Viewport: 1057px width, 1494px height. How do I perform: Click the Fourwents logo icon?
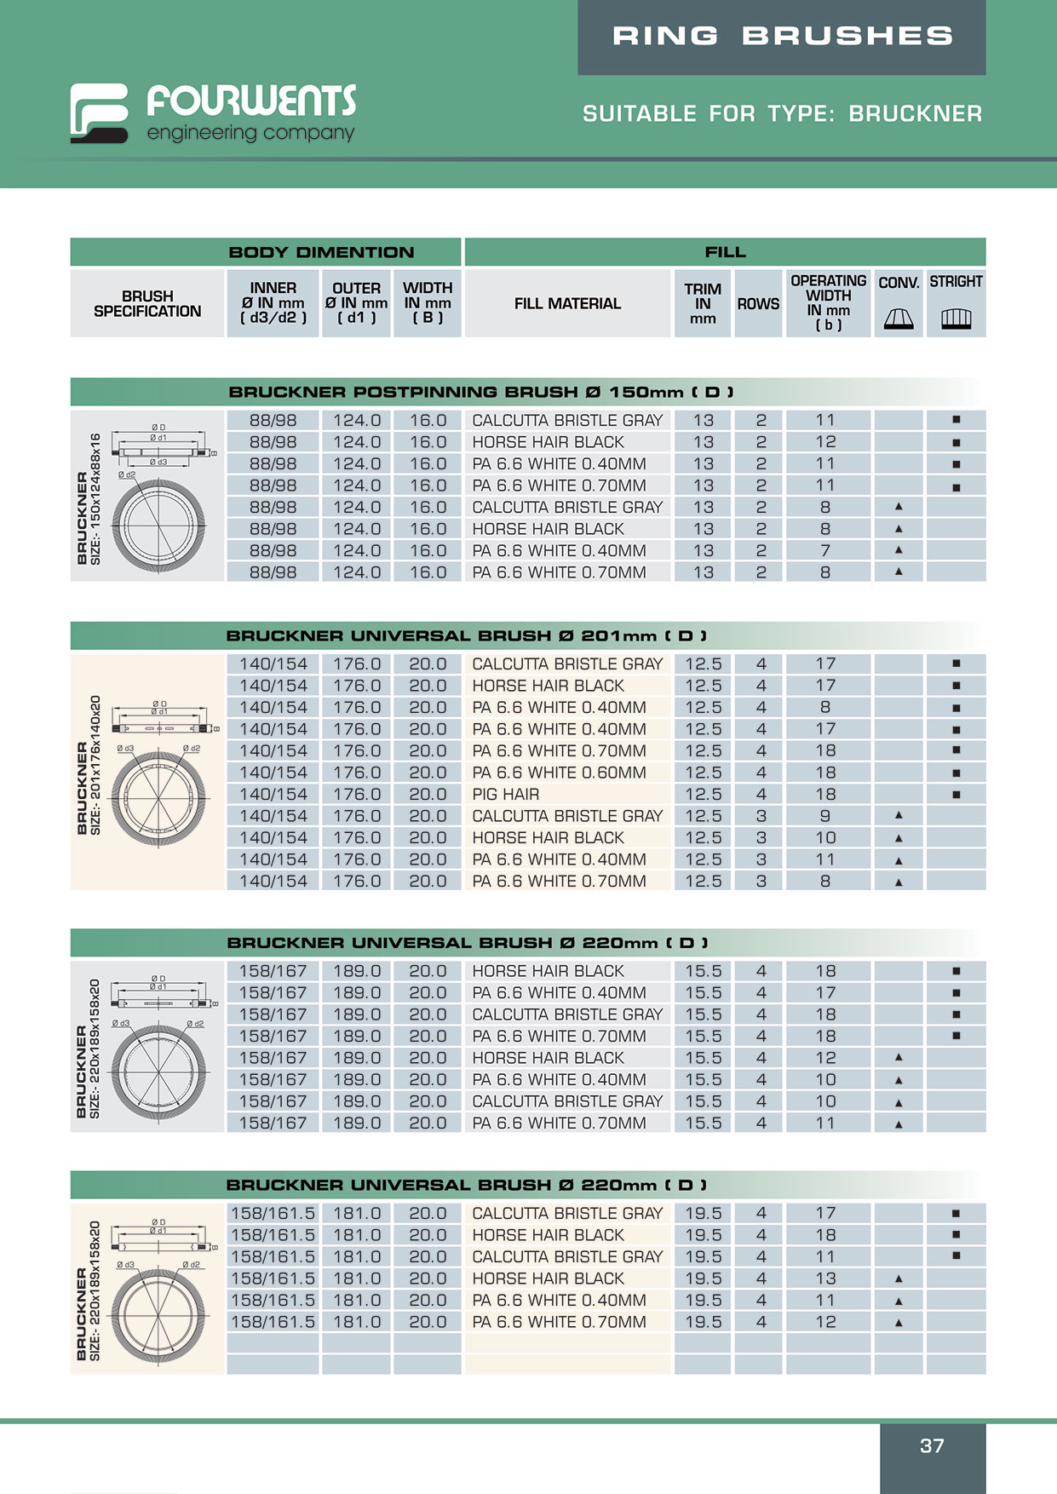[x=99, y=112]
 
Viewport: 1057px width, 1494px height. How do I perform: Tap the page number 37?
[x=932, y=1445]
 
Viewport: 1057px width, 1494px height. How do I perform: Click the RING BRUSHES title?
[x=782, y=36]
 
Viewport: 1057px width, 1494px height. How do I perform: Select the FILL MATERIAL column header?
[x=567, y=304]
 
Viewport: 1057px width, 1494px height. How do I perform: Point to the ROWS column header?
[x=758, y=304]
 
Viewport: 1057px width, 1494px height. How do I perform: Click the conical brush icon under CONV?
[x=899, y=319]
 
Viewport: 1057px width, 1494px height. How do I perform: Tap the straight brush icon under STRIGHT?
[x=956, y=319]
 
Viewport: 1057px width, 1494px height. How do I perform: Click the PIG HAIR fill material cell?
[x=506, y=795]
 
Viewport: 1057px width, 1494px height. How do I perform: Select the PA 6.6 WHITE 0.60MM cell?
[x=559, y=773]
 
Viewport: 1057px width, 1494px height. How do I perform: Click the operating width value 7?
[x=825, y=551]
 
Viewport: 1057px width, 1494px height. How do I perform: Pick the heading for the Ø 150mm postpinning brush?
[x=481, y=393]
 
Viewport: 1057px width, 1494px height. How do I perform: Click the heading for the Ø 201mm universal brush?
[x=466, y=636]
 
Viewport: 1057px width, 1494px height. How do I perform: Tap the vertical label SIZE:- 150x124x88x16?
[x=95, y=498]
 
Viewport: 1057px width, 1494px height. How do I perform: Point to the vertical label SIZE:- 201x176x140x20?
[x=95, y=764]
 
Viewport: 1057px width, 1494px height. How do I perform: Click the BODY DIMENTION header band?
[x=321, y=252]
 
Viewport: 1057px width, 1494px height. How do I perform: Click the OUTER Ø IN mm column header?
[x=356, y=303]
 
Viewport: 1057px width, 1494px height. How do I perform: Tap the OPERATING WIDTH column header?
[x=828, y=302]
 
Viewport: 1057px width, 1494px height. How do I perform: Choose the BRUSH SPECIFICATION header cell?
[x=147, y=304]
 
